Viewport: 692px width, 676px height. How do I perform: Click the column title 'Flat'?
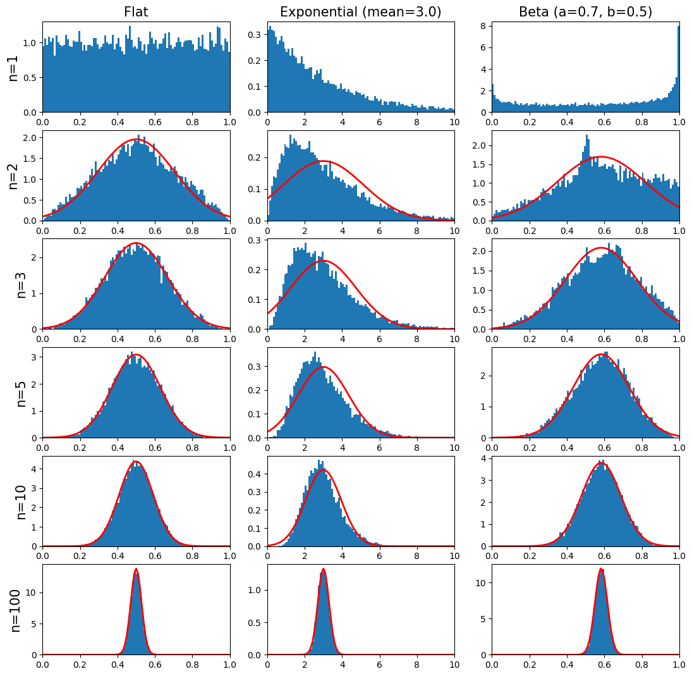point(136,12)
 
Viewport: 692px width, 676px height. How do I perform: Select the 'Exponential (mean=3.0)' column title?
point(360,12)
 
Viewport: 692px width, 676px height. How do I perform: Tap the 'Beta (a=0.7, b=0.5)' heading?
point(585,12)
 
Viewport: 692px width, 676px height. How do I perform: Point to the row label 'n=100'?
point(15,610)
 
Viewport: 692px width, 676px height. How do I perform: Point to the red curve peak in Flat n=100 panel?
point(136,568)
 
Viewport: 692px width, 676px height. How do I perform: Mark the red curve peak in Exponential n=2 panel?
point(324,161)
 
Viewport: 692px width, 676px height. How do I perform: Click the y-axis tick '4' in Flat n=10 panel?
point(33,469)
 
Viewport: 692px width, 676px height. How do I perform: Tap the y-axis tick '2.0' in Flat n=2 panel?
point(28,138)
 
